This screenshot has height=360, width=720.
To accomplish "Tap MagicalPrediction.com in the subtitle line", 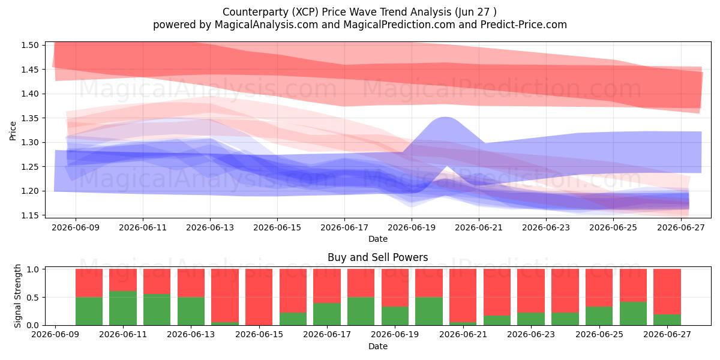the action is (x=399, y=25).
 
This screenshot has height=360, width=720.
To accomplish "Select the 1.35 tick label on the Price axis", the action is (x=30, y=118).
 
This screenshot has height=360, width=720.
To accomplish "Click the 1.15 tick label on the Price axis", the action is (x=30, y=215).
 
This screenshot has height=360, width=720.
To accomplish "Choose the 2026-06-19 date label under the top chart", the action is (x=412, y=227).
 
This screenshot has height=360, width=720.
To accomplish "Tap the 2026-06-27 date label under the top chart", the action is (x=681, y=227).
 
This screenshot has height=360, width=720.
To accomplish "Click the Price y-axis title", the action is (x=13, y=131).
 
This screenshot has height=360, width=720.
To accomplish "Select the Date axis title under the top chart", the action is (x=378, y=239).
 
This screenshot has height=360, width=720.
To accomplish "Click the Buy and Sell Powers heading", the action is (x=377, y=257).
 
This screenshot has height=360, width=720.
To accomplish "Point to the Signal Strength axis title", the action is (x=17, y=296).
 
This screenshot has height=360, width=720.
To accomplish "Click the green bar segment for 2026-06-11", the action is (x=123, y=308).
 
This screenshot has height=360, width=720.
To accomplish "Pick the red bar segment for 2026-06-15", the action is (x=259, y=297).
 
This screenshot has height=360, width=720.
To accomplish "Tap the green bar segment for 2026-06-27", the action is (x=667, y=320).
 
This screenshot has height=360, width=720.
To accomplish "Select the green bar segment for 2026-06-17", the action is (x=327, y=314).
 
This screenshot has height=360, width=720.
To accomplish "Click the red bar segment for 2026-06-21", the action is (x=463, y=295).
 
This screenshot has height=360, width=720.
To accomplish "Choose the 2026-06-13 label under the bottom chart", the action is (x=191, y=334).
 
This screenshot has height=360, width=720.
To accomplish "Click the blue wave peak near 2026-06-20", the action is (x=445, y=118).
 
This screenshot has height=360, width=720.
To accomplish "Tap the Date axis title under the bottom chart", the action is (x=378, y=346).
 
